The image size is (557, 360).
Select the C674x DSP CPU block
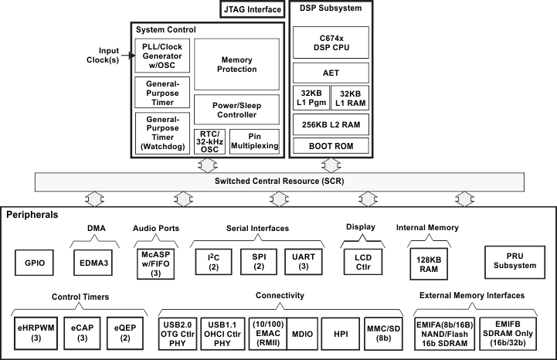[x=331, y=42]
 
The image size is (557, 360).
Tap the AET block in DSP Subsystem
[x=331, y=73]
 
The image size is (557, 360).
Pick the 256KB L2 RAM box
[x=331, y=123]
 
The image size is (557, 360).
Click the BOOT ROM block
[x=331, y=145]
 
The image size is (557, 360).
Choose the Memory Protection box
[x=236, y=64]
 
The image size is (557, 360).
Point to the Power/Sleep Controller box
[x=236, y=109]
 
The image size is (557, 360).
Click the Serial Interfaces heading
[x=258, y=229]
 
